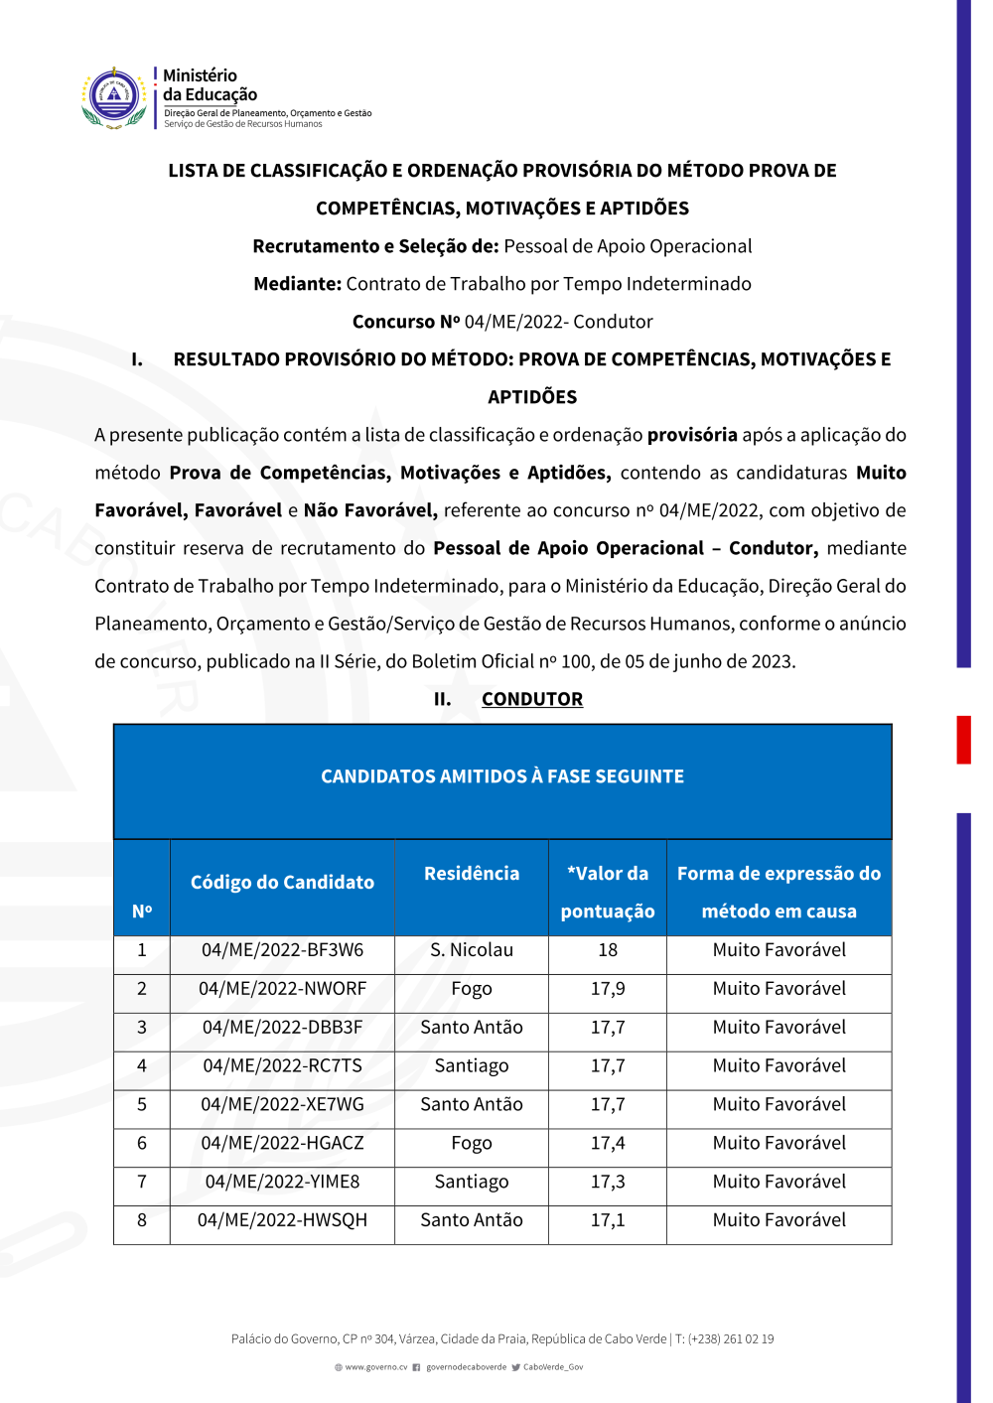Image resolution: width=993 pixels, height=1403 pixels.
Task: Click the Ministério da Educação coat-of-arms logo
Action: click(x=114, y=98)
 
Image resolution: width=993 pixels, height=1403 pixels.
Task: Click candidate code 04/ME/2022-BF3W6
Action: click(x=282, y=950)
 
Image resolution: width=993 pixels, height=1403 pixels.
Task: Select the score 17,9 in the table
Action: click(x=608, y=989)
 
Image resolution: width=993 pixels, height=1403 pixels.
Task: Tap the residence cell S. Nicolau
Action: click(x=472, y=950)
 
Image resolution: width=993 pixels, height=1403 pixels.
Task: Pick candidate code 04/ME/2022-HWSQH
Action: click(x=282, y=1220)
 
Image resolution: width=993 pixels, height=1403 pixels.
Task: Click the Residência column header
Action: click(x=472, y=874)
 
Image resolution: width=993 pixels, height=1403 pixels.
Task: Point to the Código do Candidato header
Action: click(x=282, y=882)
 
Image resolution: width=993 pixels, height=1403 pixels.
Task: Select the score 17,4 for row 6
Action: click(x=608, y=1144)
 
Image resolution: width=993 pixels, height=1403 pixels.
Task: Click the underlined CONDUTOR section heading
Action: click(x=532, y=699)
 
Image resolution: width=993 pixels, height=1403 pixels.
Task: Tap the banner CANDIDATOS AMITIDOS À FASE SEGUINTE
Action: click(x=502, y=776)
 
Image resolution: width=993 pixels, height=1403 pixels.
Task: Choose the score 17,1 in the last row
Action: click(x=608, y=1220)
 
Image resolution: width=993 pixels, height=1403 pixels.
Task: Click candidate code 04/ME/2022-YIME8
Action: click(x=282, y=1182)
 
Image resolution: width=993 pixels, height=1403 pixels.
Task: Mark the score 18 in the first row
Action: click(x=608, y=950)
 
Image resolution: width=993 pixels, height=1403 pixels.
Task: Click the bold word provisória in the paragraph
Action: click(x=692, y=435)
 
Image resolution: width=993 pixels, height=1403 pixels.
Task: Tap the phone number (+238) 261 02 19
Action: click(x=731, y=1339)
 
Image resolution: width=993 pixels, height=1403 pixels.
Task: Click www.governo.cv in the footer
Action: click(x=375, y=1367)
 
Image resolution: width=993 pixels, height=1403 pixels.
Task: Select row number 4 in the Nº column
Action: click(x=142, y=1066)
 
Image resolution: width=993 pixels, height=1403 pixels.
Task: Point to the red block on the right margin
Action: click(x=963, y=740)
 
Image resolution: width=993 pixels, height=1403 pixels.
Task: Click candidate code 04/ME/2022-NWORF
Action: click(x=282, y=989)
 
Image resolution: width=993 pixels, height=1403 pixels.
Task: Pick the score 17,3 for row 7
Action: click(x=608, y=1182)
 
